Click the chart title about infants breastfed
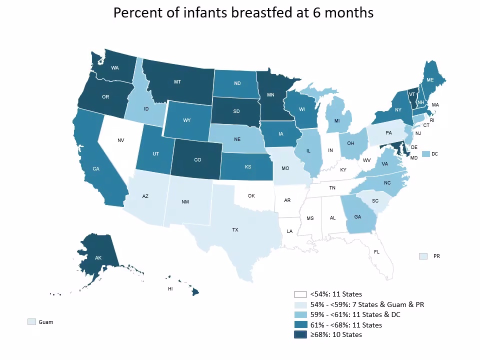point(243,12)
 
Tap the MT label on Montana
point(177,81)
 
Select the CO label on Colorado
point(197,160)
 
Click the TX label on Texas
point(235,229)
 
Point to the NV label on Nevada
point(120,140)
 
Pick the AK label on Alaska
point(98,258)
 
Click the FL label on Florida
point(376,251)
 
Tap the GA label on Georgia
point(357,217)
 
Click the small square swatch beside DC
point(426,154)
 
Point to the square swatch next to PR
point(423,256)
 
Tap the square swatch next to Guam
point(32,322)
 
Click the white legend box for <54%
point(300,294)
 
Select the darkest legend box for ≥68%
point(300,334)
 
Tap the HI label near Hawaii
point(170,289)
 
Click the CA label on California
point(95,169)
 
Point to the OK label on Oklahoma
point(251,195)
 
